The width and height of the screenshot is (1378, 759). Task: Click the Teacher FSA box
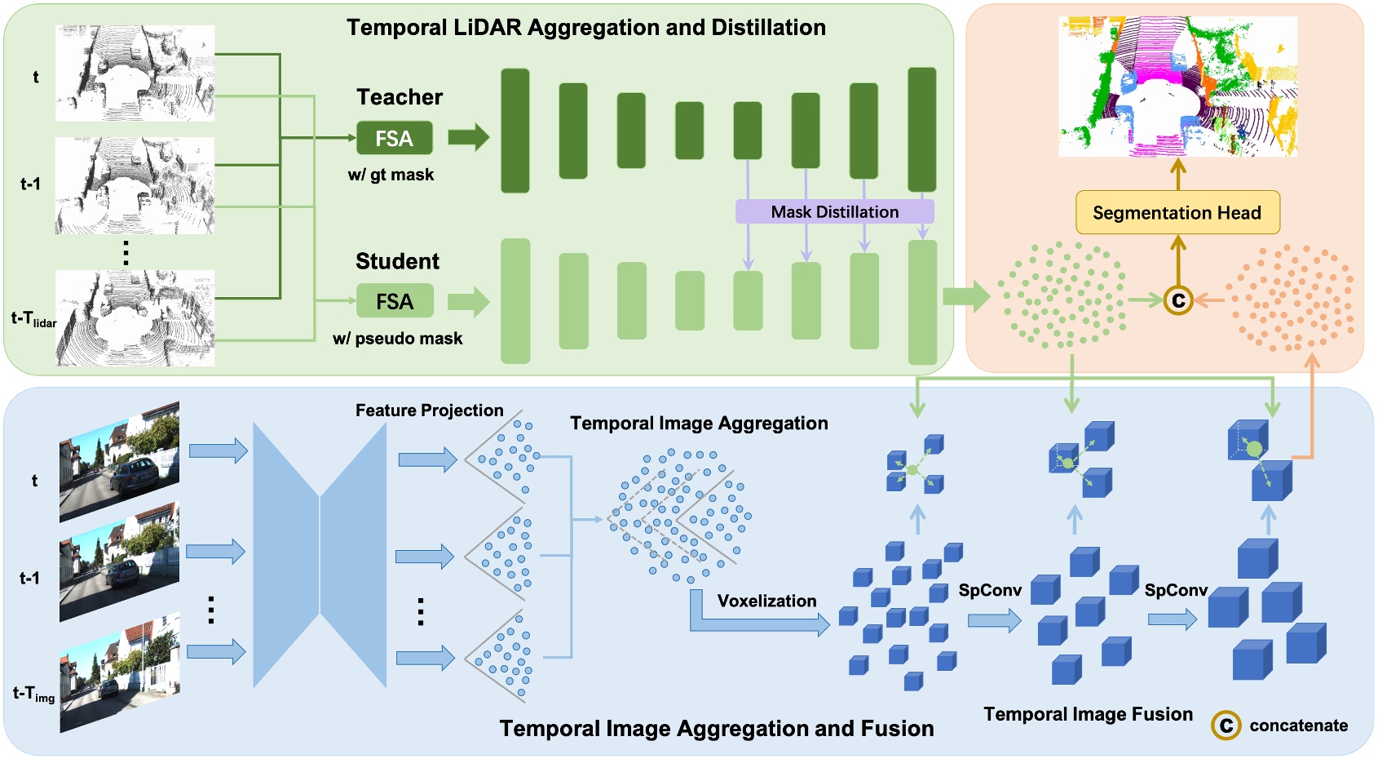pyautogui.click(x=394, y=138)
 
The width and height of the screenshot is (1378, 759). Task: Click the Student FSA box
pyautogui.click(x=395, y=301)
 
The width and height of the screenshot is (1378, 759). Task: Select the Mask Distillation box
pyautogui.click(x=834, y=211)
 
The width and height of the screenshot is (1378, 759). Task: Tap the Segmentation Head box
pyautogui.click(x=1177, y=213)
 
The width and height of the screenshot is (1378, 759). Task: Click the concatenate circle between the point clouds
pyautogui.click(x=1177, y=300)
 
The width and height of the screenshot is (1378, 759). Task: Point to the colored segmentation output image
pyautogui.click(x=1177, y=86)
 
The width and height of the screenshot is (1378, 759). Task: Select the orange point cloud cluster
pyautogui.click(x=1292, y=298)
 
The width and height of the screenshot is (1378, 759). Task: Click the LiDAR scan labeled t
pyautogui.click(x=135, y=73)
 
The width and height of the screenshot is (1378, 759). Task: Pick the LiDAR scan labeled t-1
pyautogui.click(x=135, y=185)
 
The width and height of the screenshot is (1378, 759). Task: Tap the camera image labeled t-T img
pyautogui.click(x=119, y=673)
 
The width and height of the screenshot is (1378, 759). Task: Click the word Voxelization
pyautogui.click(x=766, y=601)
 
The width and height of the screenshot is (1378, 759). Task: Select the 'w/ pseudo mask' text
pyautogui.click(x=397, y=338)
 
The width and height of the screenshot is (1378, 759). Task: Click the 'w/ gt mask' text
pyautogui.click(x=391, y=175)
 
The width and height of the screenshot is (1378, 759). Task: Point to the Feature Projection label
pyautogui.click(x=429, y=411)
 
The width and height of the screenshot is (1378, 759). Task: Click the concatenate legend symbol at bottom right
pyautogui.click(x=1226, y=725)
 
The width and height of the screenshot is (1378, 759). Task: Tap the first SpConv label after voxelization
pyautogui.click(x=989, y=590)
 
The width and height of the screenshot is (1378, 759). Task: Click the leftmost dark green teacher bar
pyautogui.click(x=515, y=131)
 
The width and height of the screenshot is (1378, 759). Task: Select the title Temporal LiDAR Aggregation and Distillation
pyautogui.click(x=585, y=28)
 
